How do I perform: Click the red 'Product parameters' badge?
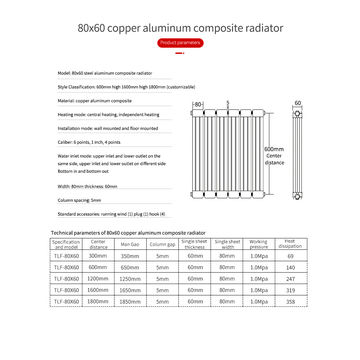[180, 44]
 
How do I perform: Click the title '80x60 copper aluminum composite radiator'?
[180, 24]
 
